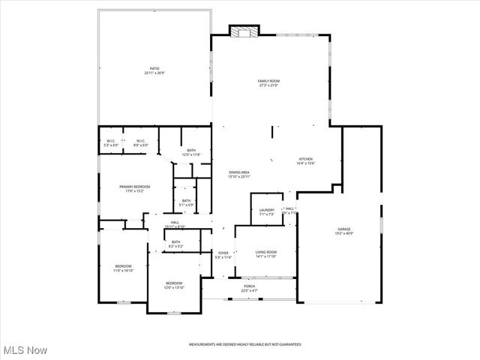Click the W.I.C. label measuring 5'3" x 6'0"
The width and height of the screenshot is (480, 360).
point(111,142)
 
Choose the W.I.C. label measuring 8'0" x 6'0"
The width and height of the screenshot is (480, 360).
point(139,142)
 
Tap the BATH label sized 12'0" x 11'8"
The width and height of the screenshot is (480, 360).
point(191,152)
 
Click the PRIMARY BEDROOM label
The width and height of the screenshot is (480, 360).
point(135,188)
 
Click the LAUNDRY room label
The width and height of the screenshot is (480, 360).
point(267,211)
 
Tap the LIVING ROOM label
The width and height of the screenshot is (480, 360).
point(266,253)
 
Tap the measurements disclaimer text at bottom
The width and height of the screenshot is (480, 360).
point(244,344)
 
